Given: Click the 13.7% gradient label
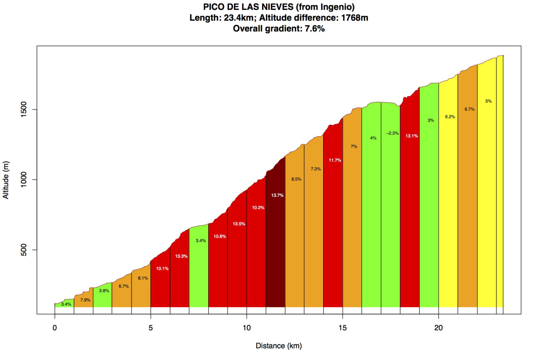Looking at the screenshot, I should [277, 195].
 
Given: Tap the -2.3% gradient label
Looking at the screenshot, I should [392, 133].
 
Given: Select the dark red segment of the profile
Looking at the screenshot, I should [275, 246].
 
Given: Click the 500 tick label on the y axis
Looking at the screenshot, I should [24, 250].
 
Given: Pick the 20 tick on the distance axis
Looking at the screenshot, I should [438, 328].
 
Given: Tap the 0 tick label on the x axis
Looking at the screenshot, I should [54, 328].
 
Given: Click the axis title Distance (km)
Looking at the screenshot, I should [278, 346].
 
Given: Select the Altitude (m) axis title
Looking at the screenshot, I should [6, 180].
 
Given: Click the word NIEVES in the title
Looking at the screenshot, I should [277, 7].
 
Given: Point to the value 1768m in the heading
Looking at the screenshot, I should [354, 18].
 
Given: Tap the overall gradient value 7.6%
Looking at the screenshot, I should [315, 29].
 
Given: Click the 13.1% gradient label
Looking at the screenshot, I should [411, 136].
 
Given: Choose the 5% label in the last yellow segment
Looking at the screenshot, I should [488, 101].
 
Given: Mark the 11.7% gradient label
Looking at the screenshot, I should [335, 160].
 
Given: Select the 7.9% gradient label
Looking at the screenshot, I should [85, 300].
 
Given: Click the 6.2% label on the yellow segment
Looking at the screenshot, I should [450, 117].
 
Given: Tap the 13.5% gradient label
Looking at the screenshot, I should [239, 224].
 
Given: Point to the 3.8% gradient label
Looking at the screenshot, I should [104, 291].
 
